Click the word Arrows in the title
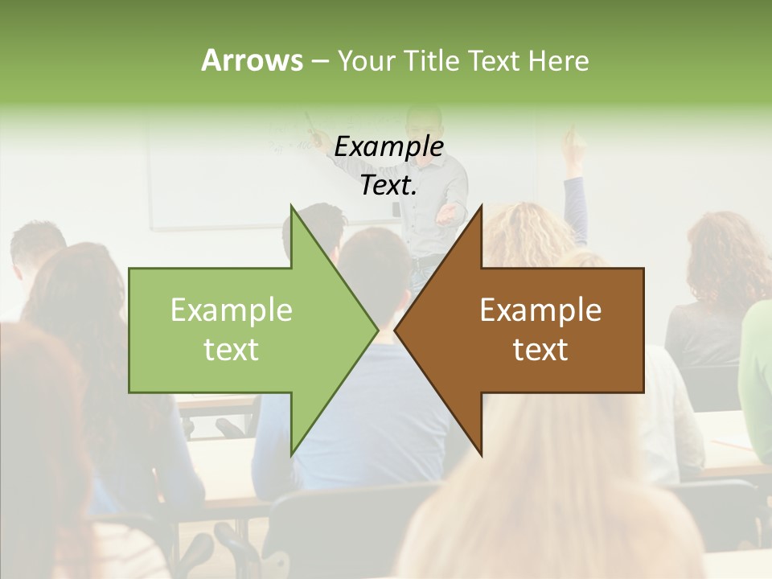[x=251, y=60]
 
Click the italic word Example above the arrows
[x=388, y=146]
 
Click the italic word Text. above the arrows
[x=388, y=186]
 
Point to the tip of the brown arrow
[x=396, y=330]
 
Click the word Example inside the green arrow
[x=232, y=310]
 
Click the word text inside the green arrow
[x=232, y=350]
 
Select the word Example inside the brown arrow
[x=540, y=310]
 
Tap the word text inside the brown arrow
[x=540, y=350]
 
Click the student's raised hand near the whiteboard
[x=573, y=142]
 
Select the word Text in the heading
[x=494, y=60]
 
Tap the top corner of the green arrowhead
[x=291, y=206]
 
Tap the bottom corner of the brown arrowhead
[x=481, y=454]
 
